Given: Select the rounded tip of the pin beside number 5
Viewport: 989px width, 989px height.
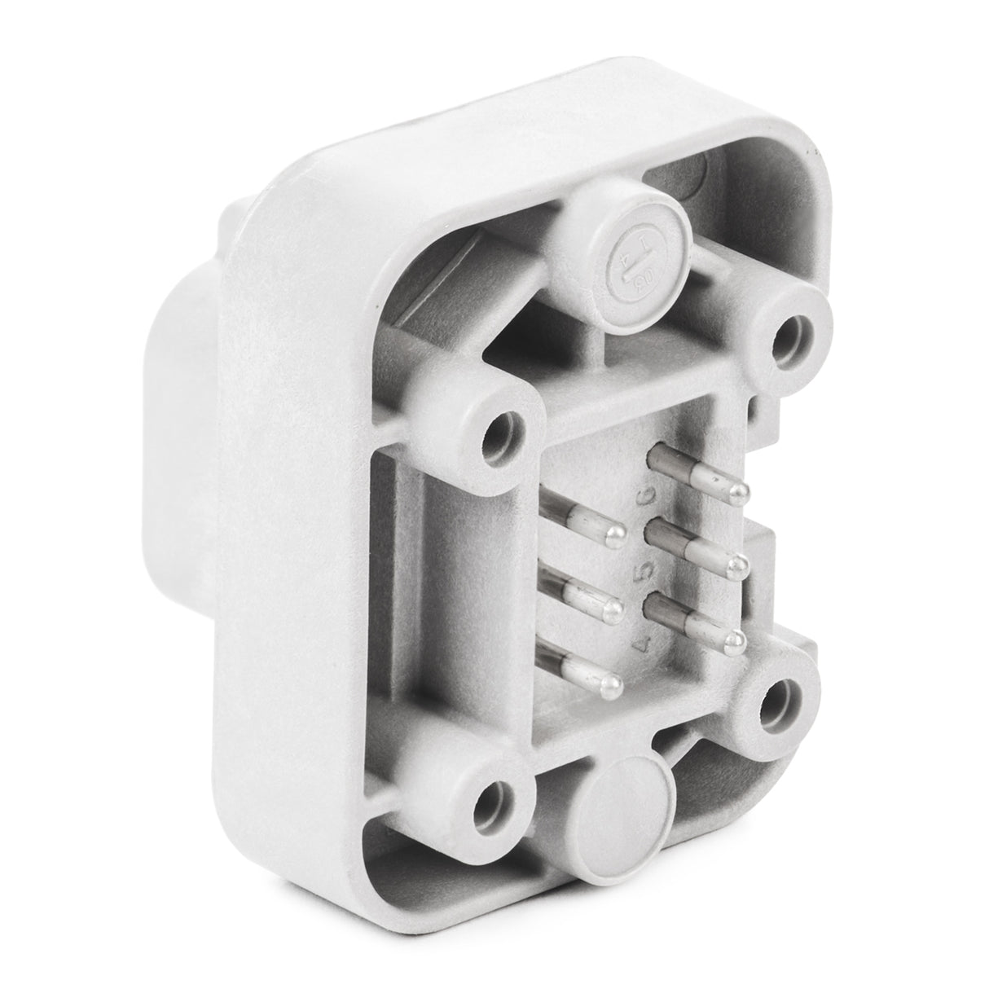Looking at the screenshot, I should coord(740,562).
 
